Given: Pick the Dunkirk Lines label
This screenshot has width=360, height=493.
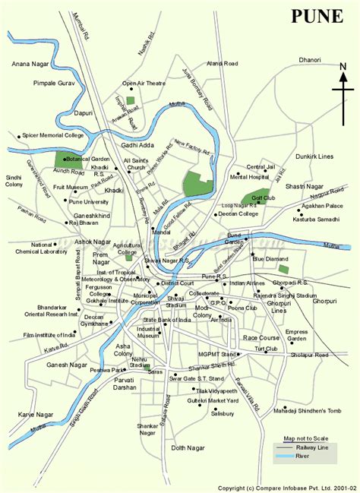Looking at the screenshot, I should coord(313,156).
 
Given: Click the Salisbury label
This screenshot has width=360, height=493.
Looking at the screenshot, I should coord(223,414).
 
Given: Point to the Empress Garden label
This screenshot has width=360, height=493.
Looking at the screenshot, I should coord(296,335).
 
